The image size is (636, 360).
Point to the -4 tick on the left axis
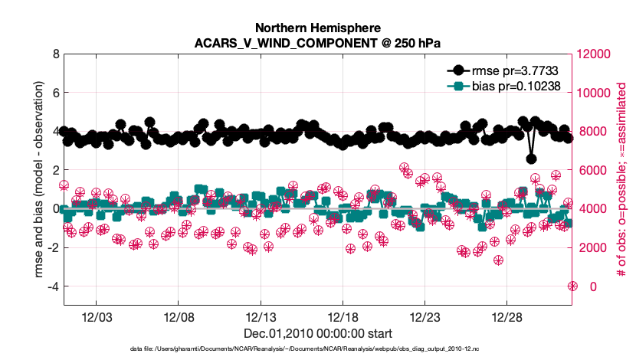pos(52,286)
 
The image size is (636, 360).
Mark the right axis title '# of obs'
pos(621,180)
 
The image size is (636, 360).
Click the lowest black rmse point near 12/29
pos(531,159)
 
